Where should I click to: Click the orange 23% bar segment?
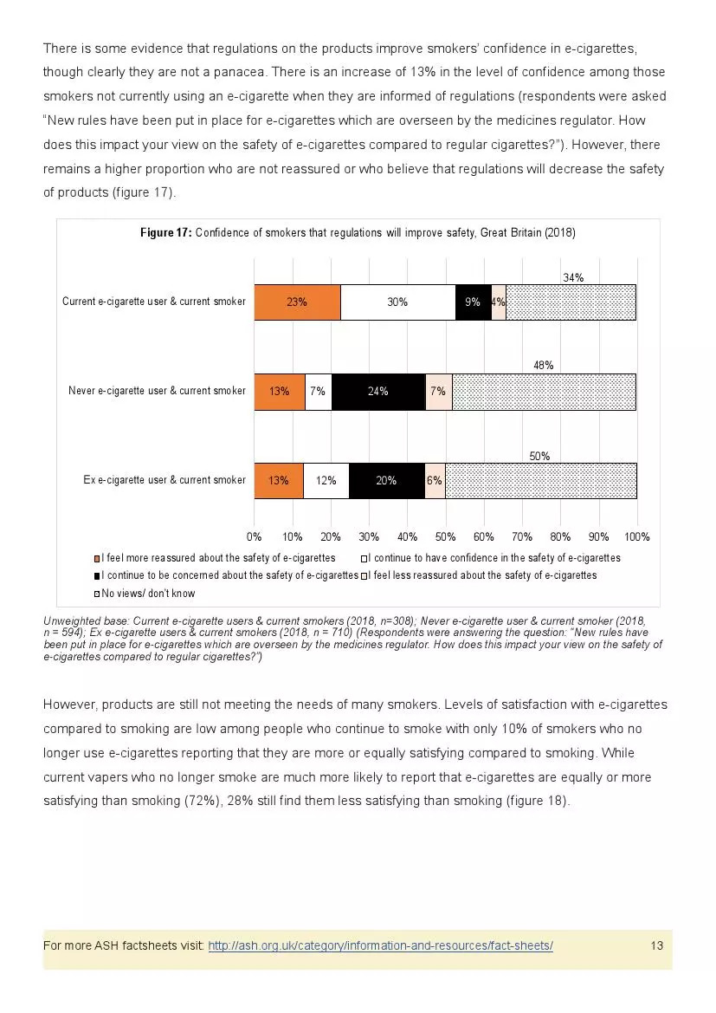(x=297, y=302)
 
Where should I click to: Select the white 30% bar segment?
(x=397, y=302)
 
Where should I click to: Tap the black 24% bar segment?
(x=377, y=392)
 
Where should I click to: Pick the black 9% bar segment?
(x=473, y=302)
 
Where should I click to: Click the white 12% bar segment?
(x=326, y=481)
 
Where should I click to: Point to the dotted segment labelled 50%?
(x=540, y=481)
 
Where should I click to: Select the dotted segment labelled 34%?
(x=571, y=302)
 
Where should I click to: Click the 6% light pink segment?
(x=435, y=481)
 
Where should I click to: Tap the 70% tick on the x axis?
(x=522, y=537)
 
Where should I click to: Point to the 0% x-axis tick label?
(x=255, y=537)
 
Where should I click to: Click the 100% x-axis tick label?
(x=637, y=537)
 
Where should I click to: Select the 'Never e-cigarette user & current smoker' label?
(x=157, y=392)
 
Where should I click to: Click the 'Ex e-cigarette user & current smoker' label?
(x=164, y=480)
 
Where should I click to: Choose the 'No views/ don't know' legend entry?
(x=147, y=594)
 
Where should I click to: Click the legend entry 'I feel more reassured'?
(x=217, y=558)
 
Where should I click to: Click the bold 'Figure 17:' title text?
(x=165, y=233)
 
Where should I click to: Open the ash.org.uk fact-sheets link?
(x=380, y=945)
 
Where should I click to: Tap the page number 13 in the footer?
(x=656, y=945)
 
